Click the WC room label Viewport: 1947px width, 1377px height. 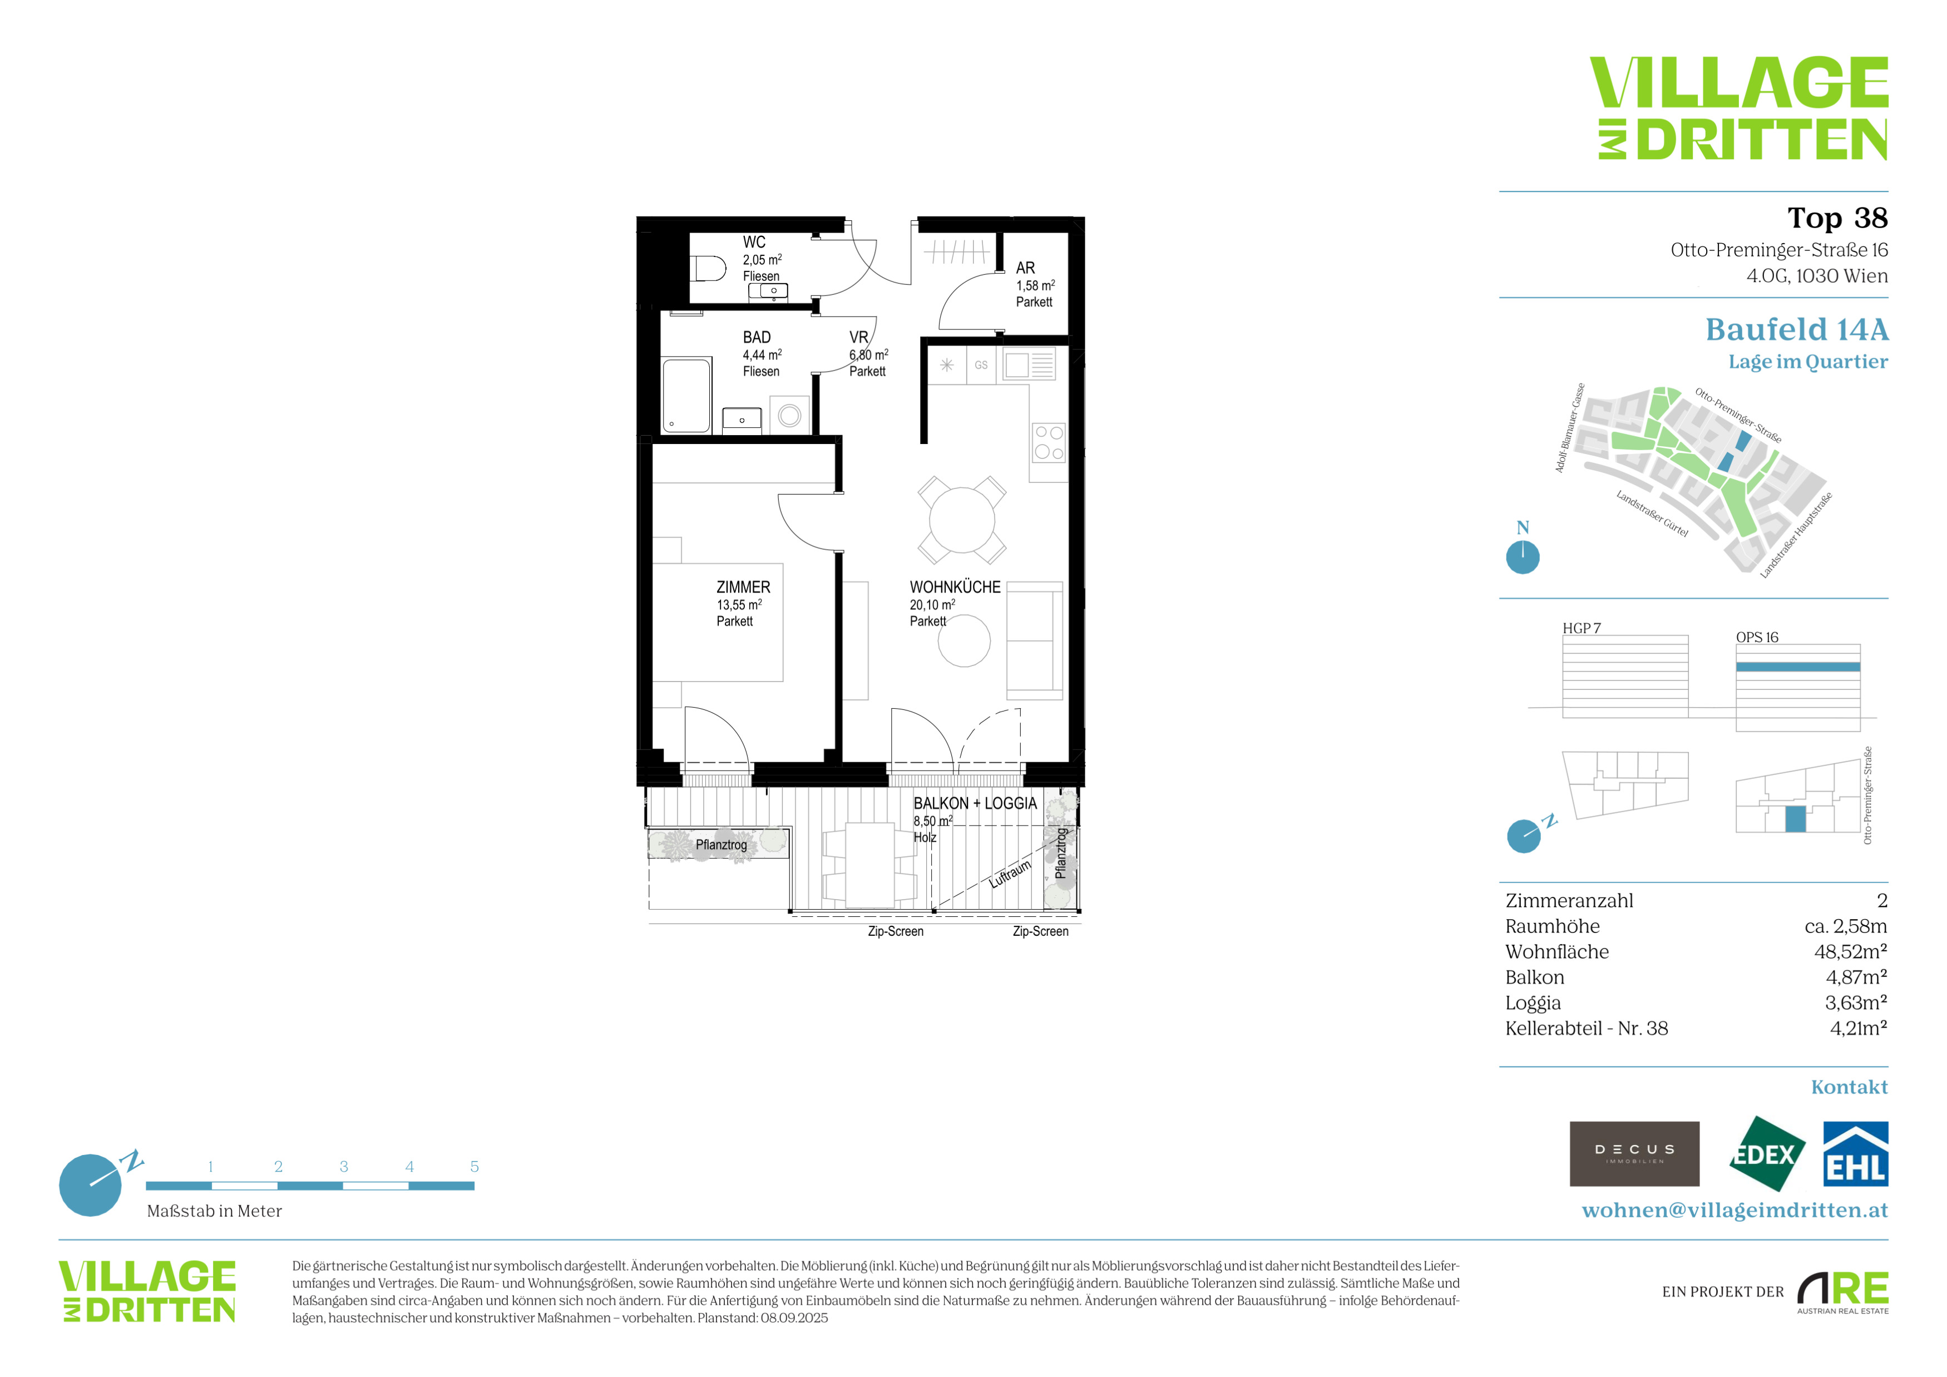pyautogui.click(x=754, y=243)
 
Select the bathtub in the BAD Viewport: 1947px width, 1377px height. pyautogui.click(x=686, y=396)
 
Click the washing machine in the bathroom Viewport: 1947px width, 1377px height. pyautogui.click(x=789, y=416)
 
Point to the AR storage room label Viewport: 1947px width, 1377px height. pyautogui.click(x=1025, y=268)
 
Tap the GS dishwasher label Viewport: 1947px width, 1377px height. pyautogui.click(x=981, y=366)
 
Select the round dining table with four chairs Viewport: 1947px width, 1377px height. pyautogui.click(x=962, y=520)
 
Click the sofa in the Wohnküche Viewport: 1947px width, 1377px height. pyautogui.click(x=1035, y=640)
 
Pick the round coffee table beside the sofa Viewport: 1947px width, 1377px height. pyautogui.click(x=964, y=641)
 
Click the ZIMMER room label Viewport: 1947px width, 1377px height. pyautogui.click(x=743, y=587)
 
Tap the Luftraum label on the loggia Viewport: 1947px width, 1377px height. pyautogui.click(x=1010, y=874)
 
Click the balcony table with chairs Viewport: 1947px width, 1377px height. pyautogui.click(x=869, y=865)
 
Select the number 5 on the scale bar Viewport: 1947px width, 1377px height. pyautogui.click(x=474, y=1167)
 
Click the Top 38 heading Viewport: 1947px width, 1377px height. pyautogui.click(x=1837, y=218)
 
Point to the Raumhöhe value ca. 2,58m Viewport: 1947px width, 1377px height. pyautogui.click(x=1845, y=926)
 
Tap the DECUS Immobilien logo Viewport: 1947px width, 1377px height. pyautogui.click(x=1634, y=1154)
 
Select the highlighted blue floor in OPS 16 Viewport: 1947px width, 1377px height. pyautogui.click(x=1798, y=667)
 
